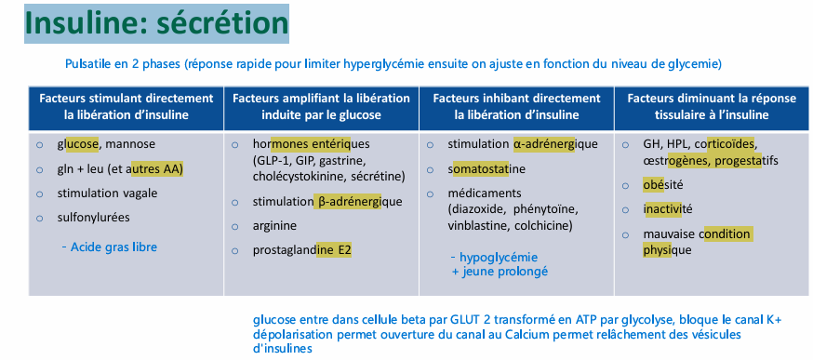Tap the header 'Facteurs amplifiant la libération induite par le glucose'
tap(321, 107)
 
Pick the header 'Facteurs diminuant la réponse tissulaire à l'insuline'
tap(712, 107)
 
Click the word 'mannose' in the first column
tap(130, 145)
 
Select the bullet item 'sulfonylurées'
tap(93, 218)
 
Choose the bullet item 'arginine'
tap(274, 225)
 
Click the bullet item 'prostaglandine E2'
tap(301, 250)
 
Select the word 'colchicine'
tap(542, 225)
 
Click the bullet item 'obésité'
tap(663, 184)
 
